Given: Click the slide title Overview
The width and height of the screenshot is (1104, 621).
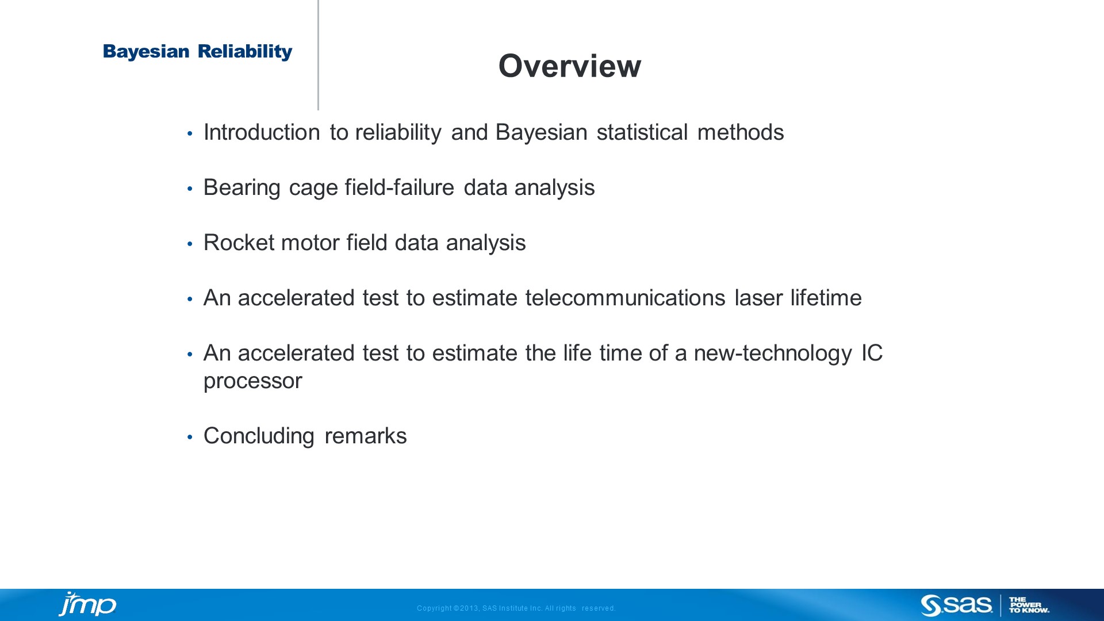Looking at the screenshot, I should pos(569,66).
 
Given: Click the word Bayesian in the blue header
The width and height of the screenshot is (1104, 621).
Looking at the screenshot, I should pos(146,52).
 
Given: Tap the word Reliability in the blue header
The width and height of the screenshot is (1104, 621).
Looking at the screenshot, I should pos(245,52).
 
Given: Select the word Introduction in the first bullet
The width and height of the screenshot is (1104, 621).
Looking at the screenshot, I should pos(262,132).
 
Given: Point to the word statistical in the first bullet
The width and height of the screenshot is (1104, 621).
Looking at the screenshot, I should pos(642,132).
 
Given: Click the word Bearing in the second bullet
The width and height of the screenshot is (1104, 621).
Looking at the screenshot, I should pos(241,187).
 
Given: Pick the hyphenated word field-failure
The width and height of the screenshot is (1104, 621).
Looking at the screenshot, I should pos(399,187).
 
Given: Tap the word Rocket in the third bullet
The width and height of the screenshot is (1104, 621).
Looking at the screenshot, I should pos(239,243).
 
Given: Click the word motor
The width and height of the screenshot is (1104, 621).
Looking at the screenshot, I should pos(310,243).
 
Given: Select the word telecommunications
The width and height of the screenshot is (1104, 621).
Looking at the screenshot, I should pos(625,298).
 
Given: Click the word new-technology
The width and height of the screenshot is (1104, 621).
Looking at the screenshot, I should pos(772,353).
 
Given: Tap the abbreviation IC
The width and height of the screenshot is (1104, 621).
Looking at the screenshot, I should pos(871,353).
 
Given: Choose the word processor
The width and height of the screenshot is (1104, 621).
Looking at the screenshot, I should pos(252,381).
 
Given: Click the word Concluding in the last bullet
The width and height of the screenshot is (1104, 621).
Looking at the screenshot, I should pos(259,436).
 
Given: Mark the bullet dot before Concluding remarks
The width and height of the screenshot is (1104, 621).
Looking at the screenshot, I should pos(190,438).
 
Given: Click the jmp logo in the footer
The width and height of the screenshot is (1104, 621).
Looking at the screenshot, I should pos(87,604).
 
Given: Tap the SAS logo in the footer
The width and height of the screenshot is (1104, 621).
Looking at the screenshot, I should pos(956,605).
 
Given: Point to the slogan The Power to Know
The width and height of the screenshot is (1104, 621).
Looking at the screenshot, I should pos(1029,605).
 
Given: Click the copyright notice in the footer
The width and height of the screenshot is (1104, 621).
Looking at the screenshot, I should pos(516,608).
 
